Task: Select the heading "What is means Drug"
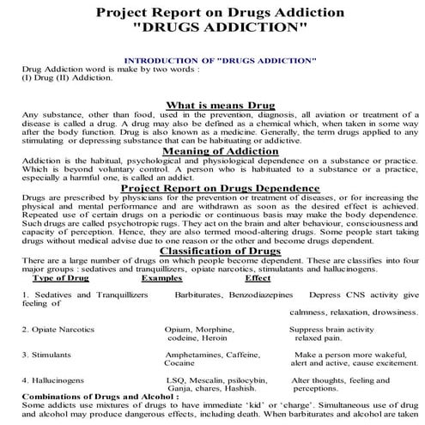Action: coord(213,104)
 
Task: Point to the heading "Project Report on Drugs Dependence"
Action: coord(213,188)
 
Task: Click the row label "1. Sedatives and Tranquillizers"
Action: coord(85,294)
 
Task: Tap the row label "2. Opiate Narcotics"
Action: coord(60,329)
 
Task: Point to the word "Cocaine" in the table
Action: coord(179,362)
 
